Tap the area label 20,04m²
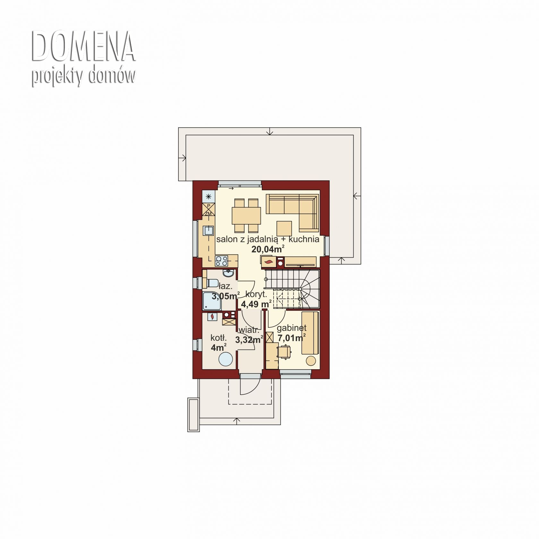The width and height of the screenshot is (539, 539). pos(268,249)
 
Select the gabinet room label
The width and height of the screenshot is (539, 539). pos(292,328)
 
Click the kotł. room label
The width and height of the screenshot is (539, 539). pos(218,338)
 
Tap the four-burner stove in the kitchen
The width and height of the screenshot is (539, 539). pos(222,261)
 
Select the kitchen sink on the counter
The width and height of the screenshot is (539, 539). pos(209,231)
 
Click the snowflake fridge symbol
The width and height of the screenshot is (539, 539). pos(209,196)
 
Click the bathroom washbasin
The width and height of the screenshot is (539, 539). pos(228,273)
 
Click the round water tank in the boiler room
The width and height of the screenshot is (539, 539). pos(225,359)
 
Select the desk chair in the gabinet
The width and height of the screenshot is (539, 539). pos(284,352)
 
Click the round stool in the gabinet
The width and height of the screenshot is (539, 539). pos(311,361)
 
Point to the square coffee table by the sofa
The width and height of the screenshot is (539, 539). pos(284,228)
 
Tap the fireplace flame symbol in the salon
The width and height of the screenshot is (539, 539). pos(269,262)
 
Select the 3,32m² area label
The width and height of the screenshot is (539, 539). pos(249,339)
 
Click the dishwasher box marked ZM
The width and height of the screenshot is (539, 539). pos(209,210)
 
